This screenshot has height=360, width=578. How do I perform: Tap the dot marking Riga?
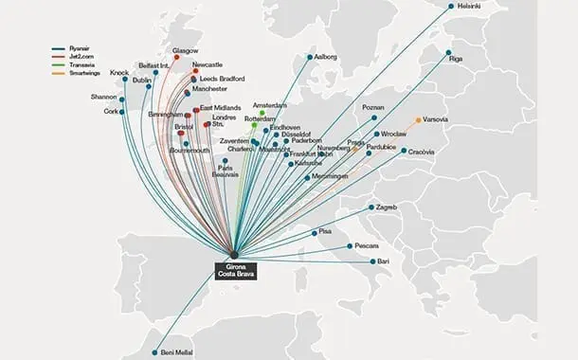pos(449,57)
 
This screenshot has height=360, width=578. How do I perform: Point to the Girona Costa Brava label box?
pos(233,264)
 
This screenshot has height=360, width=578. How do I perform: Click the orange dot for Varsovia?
pos(419,120)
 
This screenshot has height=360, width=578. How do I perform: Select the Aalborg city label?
pos(328,57)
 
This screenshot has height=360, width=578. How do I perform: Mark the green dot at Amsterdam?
pos(262,113)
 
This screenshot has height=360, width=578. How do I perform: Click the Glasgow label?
pos(186,50)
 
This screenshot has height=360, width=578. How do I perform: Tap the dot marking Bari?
pos(371,261)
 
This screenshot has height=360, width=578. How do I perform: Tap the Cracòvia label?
pos(423,151)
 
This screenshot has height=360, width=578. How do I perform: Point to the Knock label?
pos(118,73)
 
